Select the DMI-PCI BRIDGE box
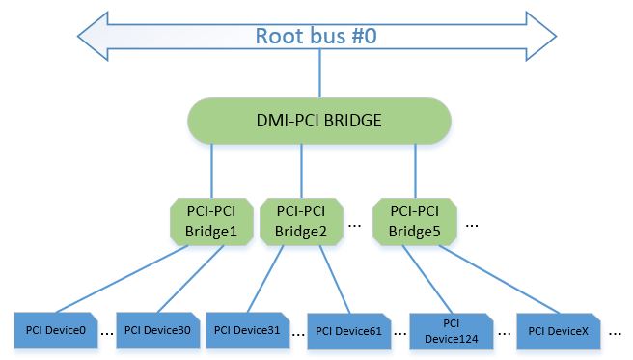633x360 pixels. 319,124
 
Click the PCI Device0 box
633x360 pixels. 55,330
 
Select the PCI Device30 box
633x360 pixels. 157,330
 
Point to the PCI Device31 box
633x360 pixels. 247,330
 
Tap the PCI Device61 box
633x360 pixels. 348,330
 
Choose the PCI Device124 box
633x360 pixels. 452,330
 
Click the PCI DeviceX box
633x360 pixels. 558,330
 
